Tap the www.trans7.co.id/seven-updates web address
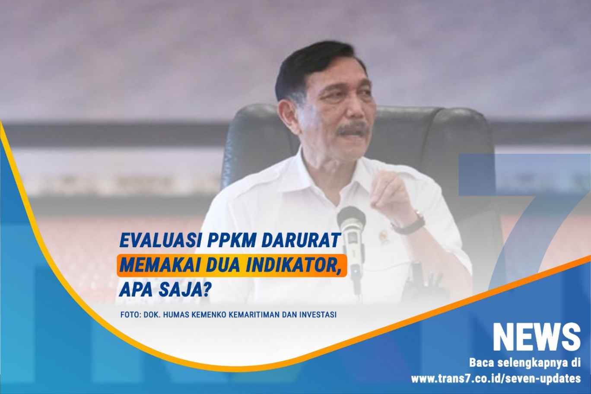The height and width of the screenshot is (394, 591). point(496,379)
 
